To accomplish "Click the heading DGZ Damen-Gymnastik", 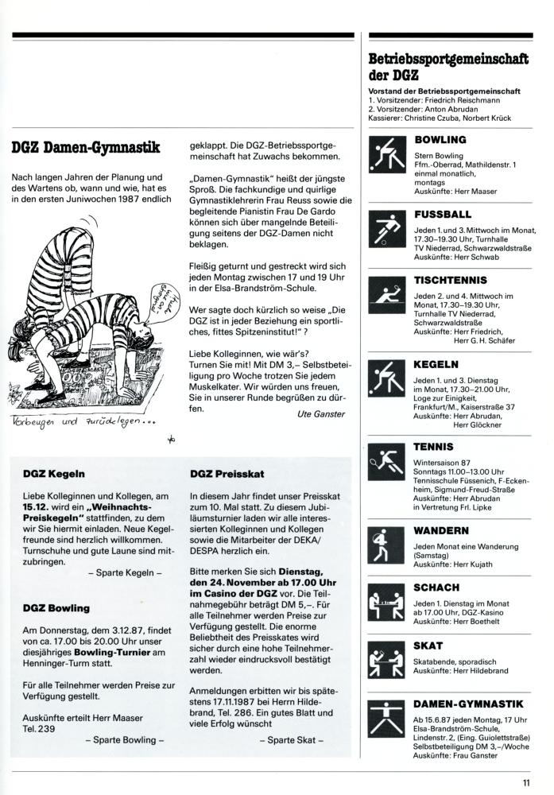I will [86, 147].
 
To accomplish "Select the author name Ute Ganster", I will [318, 413].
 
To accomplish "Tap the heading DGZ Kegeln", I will [55, 475].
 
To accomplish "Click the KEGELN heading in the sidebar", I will [436, 364].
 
